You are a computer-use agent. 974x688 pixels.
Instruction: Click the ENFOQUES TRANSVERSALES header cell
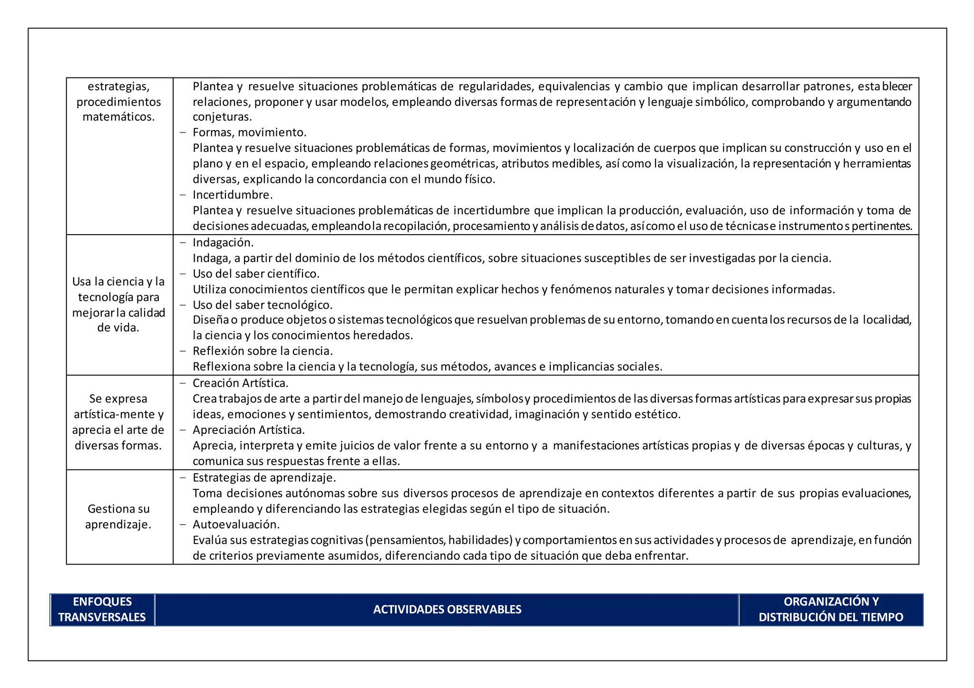[102, 609]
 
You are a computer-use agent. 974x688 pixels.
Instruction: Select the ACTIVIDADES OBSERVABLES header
[447, 610]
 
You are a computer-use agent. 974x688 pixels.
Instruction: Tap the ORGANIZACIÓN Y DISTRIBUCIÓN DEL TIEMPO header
[830, 609]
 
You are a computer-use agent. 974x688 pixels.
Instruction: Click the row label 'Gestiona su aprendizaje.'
[118, 516]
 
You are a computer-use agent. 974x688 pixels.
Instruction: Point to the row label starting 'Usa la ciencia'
[118, 305]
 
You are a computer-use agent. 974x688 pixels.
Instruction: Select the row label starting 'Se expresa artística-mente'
[118, 422]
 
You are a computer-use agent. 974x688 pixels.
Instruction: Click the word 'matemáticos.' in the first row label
[118, 117]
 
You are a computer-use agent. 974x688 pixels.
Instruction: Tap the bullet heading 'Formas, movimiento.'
[249, 132]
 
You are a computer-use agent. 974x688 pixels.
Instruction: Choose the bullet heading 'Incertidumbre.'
[232, 195]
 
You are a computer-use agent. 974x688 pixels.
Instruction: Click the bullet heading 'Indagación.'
[223, 243]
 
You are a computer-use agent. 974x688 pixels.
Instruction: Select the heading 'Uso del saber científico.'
[256, 274]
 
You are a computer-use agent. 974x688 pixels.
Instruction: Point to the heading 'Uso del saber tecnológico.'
[263, 305]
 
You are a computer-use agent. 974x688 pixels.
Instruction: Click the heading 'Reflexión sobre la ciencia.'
[263, 351]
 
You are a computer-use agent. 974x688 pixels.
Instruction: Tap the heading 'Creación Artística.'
[240, 383]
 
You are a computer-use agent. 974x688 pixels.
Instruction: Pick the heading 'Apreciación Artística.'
[248, 430]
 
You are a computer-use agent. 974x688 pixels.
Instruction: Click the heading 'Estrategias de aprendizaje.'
[264, 478]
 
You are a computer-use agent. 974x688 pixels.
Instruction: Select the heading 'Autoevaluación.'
[236, 525]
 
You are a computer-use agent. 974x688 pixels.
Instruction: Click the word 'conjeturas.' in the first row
[222, 117]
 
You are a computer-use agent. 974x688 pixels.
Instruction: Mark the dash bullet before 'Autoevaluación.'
[183, 525]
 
